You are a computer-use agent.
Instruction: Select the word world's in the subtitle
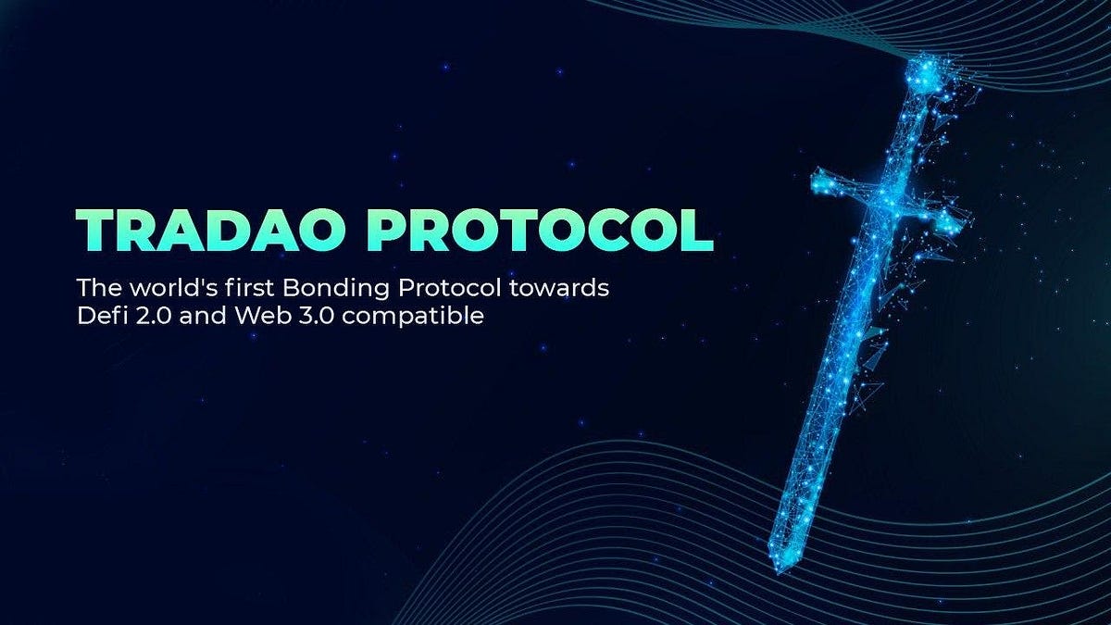coord(153,288)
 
